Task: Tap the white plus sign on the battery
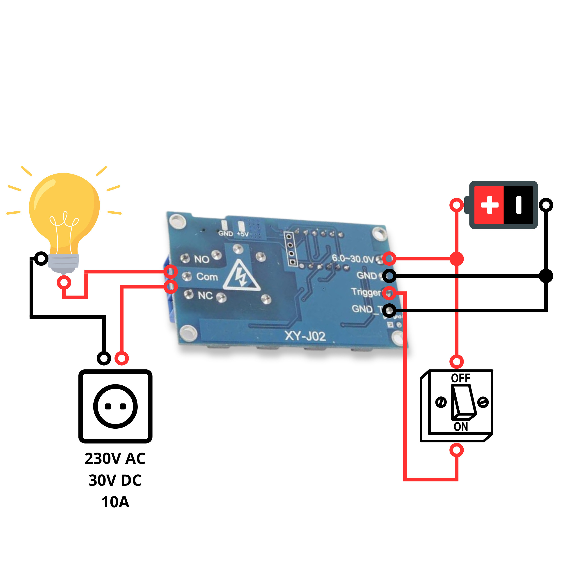489,205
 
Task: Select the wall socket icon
115,406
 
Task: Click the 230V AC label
115,458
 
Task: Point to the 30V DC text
115,480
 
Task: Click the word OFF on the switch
460,378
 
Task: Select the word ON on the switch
460,427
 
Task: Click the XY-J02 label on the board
305,336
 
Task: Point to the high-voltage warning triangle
241,276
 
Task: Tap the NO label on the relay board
201,259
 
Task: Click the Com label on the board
207,277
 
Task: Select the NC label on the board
205,295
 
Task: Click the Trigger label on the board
366,292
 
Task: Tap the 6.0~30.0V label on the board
353,259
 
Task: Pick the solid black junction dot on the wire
546,276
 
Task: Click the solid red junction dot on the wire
457,259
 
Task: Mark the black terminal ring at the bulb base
41,258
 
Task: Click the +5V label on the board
243,234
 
